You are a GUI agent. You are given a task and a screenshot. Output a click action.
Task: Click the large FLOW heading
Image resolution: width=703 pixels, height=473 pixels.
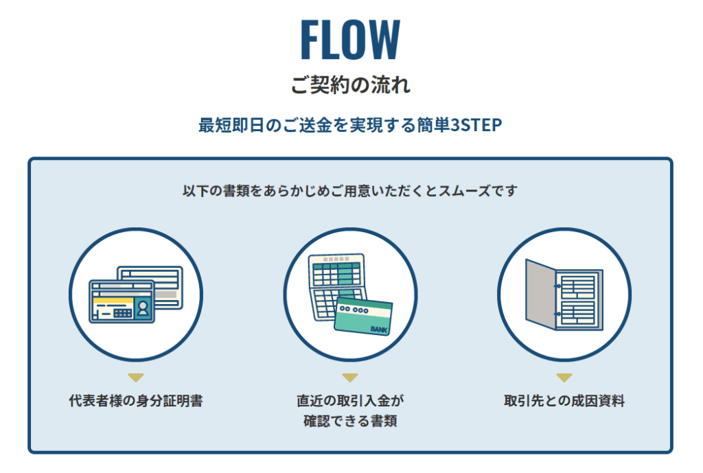350,39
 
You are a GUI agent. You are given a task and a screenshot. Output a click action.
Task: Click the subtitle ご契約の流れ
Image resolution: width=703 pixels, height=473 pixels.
351,84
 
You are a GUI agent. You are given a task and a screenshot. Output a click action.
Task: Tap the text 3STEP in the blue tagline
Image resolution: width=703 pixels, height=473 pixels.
476,125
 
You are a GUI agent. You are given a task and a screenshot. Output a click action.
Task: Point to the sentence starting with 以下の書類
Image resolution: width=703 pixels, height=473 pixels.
350,191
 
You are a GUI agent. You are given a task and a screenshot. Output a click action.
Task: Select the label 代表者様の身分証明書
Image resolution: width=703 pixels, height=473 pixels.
136,400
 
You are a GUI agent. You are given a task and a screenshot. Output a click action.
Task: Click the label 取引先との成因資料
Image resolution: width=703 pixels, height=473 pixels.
564,400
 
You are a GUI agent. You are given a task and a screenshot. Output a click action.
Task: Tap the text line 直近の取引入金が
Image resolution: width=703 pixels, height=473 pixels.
350,400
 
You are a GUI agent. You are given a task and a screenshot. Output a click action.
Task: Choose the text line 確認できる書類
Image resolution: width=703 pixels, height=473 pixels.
350,421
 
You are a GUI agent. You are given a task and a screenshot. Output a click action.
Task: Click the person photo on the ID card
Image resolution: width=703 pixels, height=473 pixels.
143,308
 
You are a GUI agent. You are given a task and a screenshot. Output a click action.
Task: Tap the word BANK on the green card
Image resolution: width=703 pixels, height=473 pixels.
379,330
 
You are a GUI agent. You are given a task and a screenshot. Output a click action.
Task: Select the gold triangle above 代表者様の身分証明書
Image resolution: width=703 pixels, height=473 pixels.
136,378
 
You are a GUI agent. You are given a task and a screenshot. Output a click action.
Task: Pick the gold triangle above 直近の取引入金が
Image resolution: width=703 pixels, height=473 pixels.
350,378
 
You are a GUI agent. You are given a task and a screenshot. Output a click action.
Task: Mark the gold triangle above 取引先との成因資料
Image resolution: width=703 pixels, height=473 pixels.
564,378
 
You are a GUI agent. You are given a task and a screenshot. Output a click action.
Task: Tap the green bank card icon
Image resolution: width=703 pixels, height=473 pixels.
364,316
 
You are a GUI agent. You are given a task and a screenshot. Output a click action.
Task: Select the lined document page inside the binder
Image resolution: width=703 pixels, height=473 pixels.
578,299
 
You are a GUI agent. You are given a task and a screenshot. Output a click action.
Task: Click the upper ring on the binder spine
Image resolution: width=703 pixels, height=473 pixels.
557,286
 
